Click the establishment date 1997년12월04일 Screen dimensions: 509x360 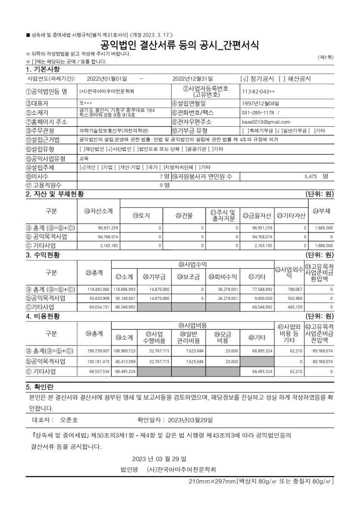coord(260,103)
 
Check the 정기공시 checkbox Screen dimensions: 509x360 coord(244,79)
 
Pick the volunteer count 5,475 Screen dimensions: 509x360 coord(311,176)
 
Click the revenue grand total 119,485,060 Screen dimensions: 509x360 coord(99,289)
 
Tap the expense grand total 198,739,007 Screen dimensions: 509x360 coord(99,351)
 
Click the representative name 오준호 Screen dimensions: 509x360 coord(69,419)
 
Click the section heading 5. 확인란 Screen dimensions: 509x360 coord(40,386)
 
